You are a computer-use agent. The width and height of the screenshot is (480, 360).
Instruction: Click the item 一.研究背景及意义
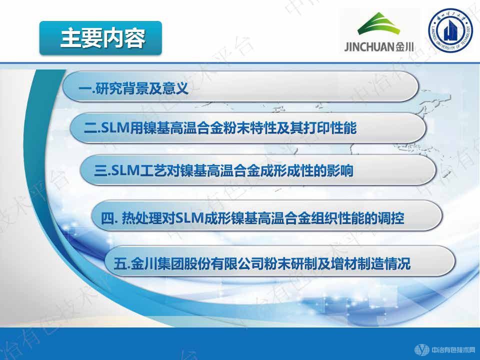coord(134,90)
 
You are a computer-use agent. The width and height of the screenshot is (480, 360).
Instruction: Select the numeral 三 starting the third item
coord(100,171)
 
